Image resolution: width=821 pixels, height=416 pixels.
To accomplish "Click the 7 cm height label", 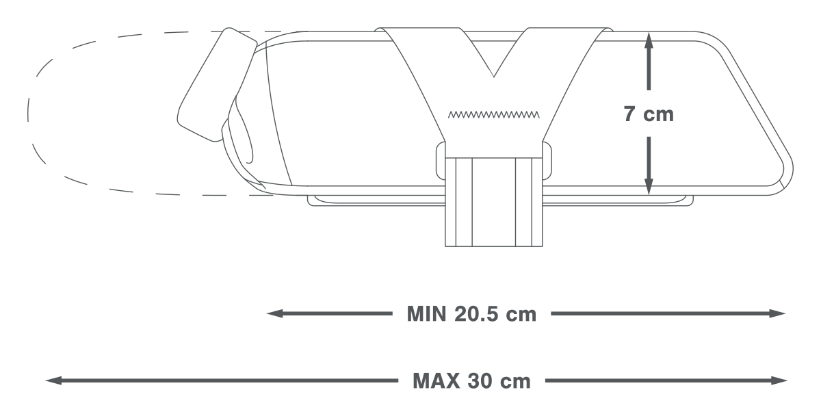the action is [x=649, y=114].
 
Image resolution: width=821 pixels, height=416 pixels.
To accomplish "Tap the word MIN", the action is [x=426, y=314].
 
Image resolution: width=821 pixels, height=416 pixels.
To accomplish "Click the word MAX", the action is [x=436, y=381].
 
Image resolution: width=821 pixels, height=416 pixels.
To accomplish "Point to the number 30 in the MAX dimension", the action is [x=480, y=381].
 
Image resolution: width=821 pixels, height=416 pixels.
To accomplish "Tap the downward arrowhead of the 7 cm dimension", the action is [x=649, y=187].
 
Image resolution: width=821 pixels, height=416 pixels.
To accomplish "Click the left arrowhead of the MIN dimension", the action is [x=274, y=313].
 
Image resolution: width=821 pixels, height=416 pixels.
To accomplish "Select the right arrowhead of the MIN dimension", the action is [x=777, y=313].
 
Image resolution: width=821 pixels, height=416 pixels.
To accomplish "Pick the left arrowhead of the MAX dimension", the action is [x=53, y=380].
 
